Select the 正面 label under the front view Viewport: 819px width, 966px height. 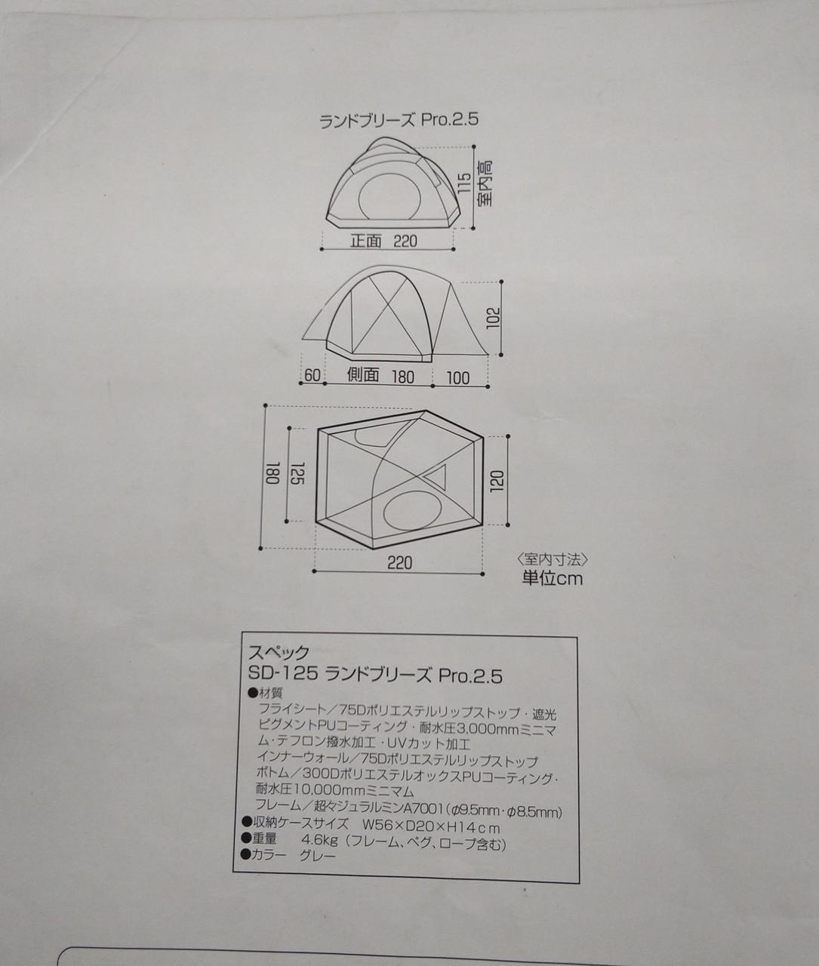point(366,241)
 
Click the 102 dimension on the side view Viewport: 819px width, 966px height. point(493,318)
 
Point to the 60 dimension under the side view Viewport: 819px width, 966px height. point(313,375)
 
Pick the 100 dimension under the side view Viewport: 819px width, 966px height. point(457,378)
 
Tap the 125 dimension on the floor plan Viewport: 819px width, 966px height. point(298,473)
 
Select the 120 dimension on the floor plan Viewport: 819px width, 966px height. point(497,481)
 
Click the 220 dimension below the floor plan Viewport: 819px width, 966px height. point(399,563)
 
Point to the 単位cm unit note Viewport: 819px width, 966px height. point(552,579)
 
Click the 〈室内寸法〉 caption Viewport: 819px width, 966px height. point(552,560)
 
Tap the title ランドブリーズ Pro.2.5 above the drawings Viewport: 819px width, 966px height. point(399,121)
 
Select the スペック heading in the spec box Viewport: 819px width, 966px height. point(279,652)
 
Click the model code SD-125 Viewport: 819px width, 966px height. point(283,673)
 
